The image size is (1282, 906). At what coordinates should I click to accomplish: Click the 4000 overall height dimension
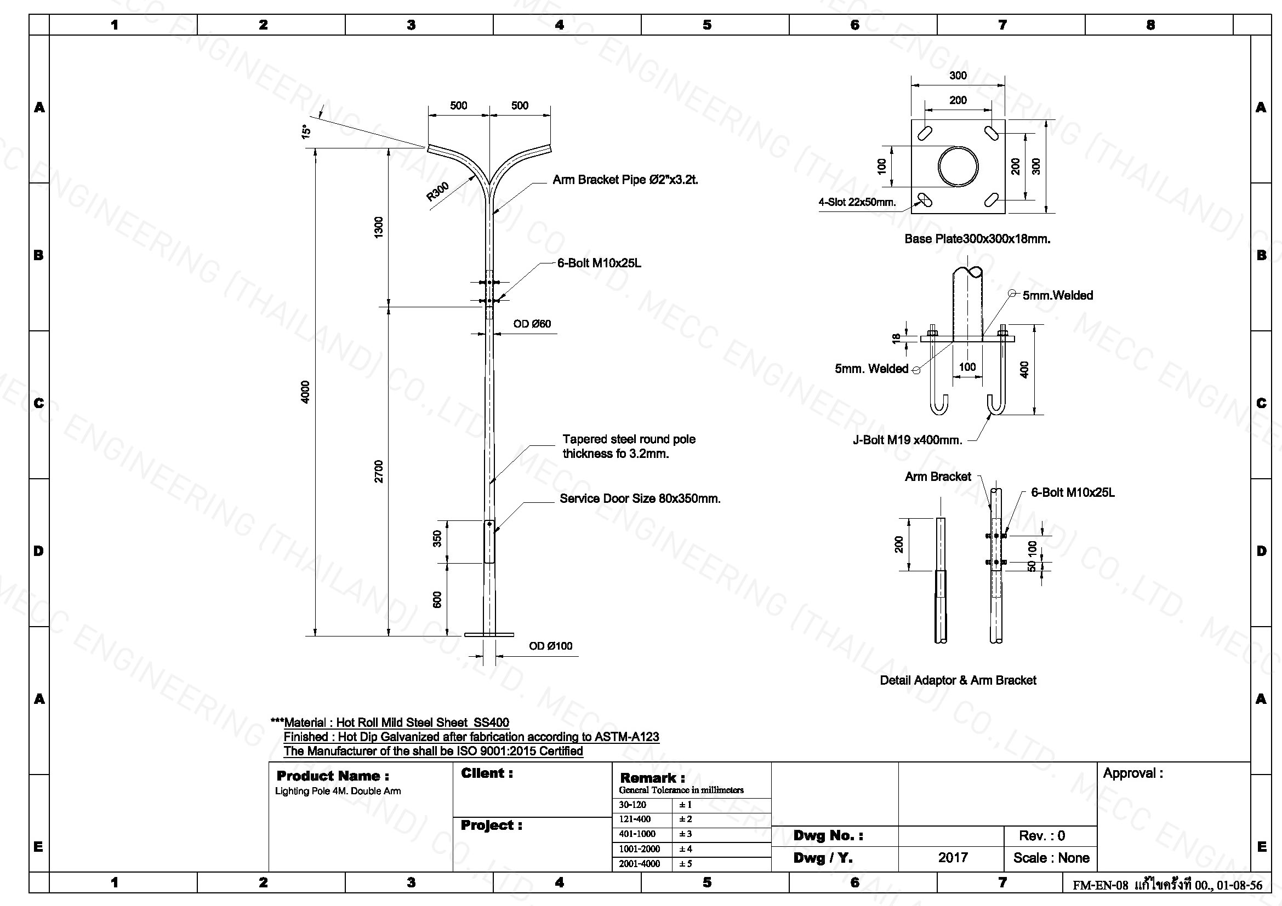pyautogui.click(x=305, y=392)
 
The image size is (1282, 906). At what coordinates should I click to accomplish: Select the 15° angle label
pyautogui.click(x=306, y=131)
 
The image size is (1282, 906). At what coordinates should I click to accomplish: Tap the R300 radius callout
pyautogui.click(x=438, y=191)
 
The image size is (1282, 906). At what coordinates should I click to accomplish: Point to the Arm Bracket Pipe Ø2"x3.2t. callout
pyautogui.click(x=625, y=180)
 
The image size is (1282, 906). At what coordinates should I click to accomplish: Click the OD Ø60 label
pyautogui.click(x=532, y=324)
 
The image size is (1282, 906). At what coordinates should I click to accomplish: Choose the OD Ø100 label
pyautogui.click(x=550, y=646)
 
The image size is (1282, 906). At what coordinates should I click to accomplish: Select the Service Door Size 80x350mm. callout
pyautogui.click(x=640, y=499)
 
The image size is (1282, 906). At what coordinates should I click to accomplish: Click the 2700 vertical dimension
pyautogui.click(x=379, y=472)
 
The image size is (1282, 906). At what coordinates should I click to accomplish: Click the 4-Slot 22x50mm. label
pyautogui.click(x=857, y=202)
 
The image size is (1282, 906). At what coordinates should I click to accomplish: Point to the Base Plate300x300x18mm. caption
pyautogui.click(x=977, y=239)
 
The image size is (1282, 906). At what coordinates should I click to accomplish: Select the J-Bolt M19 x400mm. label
pyautogui.click(x=907, y=440)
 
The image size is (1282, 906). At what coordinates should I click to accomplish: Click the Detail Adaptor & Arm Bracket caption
pyautogui.click(x=958, y=680)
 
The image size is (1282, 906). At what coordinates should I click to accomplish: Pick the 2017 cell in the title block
pyautogui.click(x=953, y=857)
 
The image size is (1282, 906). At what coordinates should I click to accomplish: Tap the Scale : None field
pyautogui.click(x=1051, y=858)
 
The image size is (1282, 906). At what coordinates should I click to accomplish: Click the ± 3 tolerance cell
pyautogui.click(x=685, y=834)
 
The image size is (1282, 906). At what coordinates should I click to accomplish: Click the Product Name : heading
pyautogui.click(x=333, y=776)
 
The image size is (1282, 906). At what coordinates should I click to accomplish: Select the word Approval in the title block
pyautogui.click(x=1129, y=774)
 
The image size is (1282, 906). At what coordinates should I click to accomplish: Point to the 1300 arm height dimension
pyautogui.click(x=379, y=228)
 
